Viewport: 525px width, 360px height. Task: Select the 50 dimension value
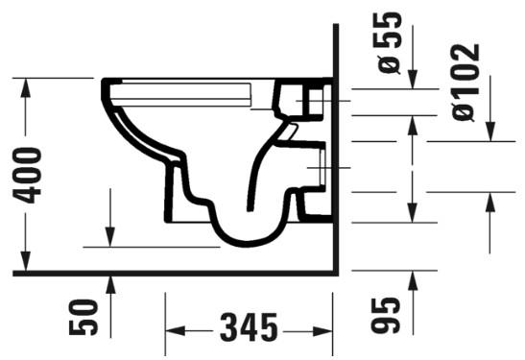click(x=85, y=316)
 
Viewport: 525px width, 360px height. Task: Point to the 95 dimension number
click(x=385, y=316)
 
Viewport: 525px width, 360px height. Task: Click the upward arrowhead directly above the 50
click(x=111, y=282)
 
